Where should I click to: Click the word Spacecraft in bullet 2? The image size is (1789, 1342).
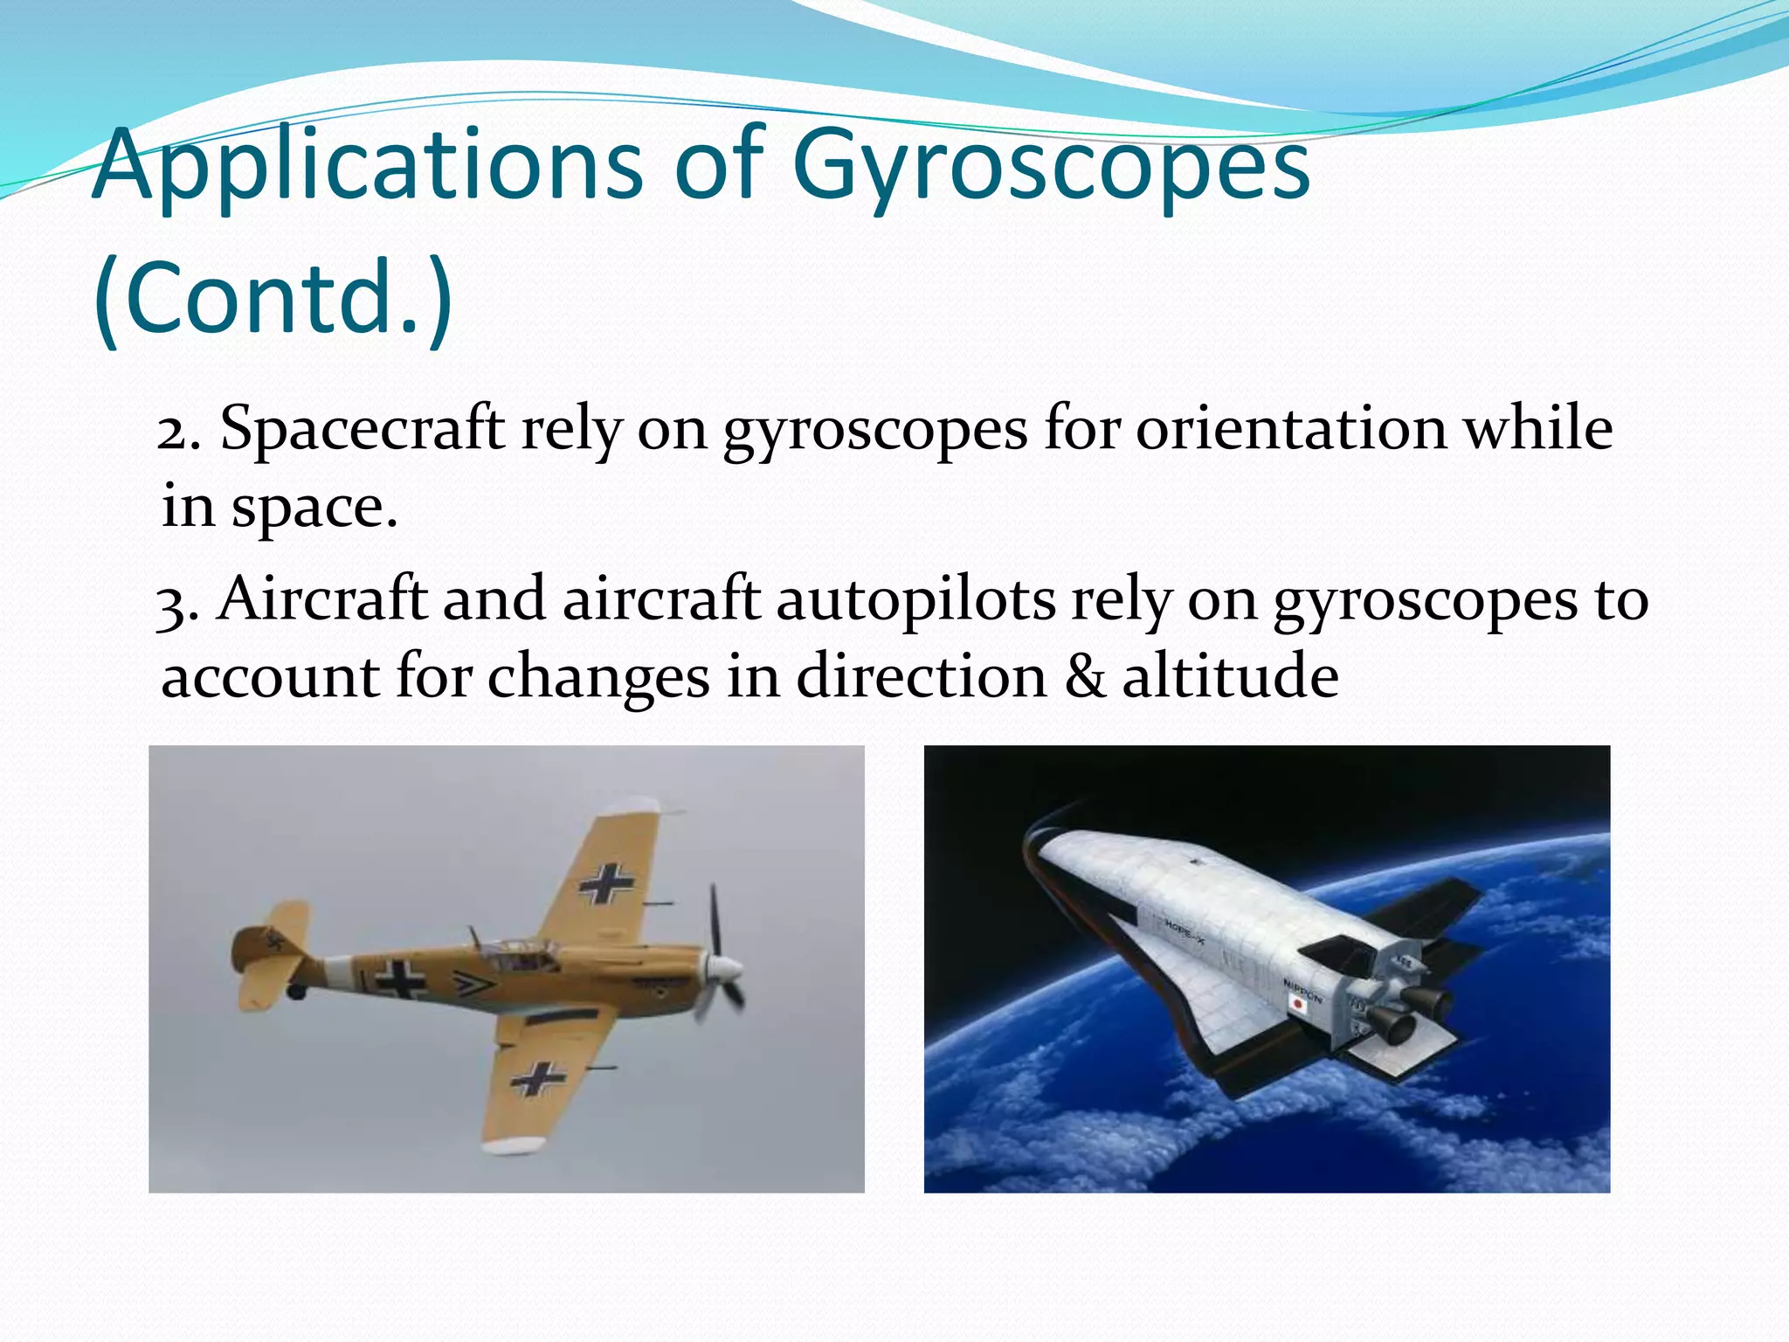coord(362,430)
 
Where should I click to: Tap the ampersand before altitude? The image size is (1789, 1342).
coord(1085,677)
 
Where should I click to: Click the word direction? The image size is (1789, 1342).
coord(922,677)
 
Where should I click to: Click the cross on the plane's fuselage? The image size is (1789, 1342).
coord(401,980)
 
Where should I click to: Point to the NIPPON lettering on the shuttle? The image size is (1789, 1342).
coord(1302,991)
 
